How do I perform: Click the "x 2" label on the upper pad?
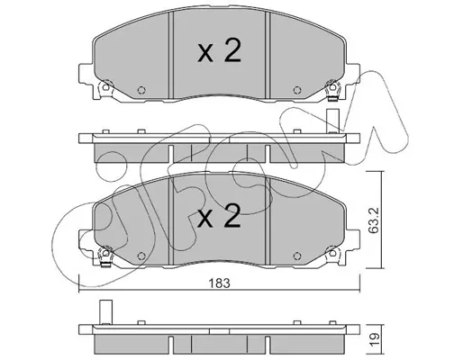click(x=219, y=51)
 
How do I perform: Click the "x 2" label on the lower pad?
click(x=219, y=216)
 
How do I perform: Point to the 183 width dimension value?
click(x=220, y=283)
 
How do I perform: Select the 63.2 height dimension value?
click(x=374, y=220)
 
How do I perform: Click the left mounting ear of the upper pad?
click(x=86, y=74)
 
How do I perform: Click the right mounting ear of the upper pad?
click(x=353, y=74)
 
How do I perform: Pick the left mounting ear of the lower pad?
click(x=86, y=239)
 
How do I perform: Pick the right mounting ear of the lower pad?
click(x=353, y=239)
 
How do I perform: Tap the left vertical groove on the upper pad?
click(x=171, y=55)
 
